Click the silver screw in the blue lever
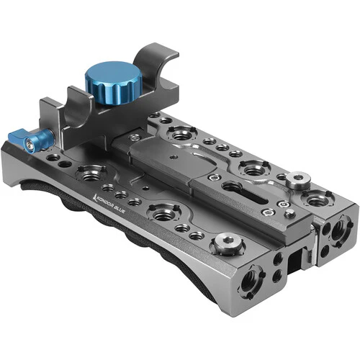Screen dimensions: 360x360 [30, 145]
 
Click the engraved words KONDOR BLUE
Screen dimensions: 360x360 [113, 204]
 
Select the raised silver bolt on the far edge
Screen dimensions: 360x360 [298, 179]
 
